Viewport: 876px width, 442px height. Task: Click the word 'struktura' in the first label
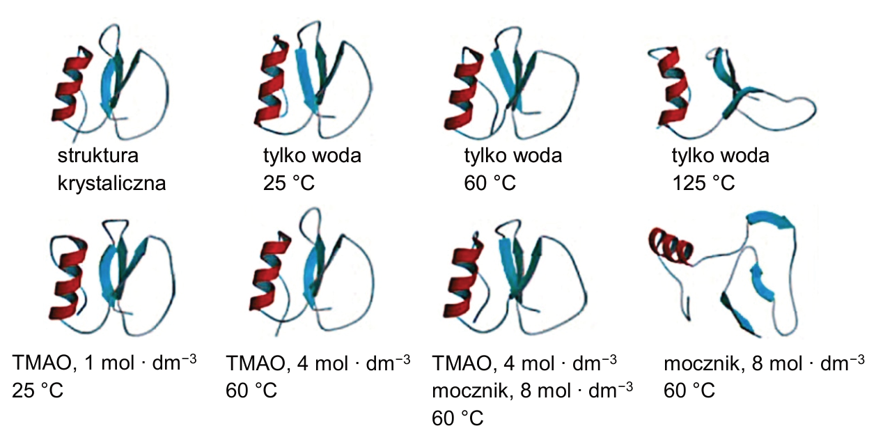[x=97, y=155]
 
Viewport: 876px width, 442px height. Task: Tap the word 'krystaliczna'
[x=111, y=183]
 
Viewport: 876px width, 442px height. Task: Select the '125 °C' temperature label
[x=703, y=183]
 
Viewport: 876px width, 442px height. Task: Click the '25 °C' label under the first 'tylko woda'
[x=288, y=183]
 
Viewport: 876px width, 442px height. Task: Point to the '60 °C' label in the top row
[x=490, y=183]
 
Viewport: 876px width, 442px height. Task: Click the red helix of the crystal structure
[x=72, y=84]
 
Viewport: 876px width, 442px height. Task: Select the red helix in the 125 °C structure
[x=671, y=86]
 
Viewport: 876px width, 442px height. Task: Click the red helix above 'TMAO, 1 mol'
[x=68, y=278]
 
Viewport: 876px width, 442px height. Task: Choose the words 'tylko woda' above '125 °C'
[x=720, y=155]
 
